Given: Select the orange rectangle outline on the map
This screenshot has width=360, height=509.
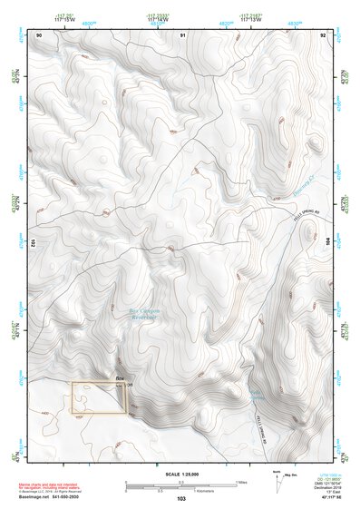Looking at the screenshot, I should [x=99, y=397].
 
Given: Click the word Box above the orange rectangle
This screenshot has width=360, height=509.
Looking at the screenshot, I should [x=119, y=377].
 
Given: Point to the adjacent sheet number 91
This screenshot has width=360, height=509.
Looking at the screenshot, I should [x=182, y=34].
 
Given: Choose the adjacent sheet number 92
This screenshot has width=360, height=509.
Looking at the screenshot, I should [x=322, y=34].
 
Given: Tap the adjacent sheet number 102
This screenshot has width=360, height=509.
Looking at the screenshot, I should [x=33, y=243].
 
